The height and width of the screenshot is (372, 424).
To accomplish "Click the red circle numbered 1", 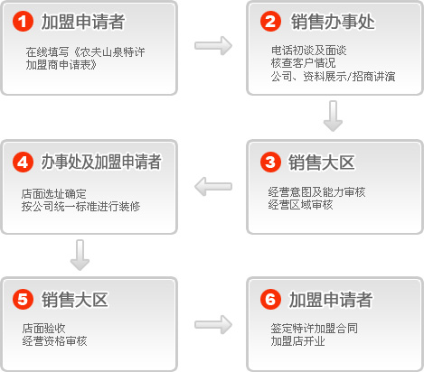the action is (x=23, y=22).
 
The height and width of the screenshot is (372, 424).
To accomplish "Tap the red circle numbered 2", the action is (x=270, y=22).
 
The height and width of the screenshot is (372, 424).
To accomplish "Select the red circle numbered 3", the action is (x=270, y=162).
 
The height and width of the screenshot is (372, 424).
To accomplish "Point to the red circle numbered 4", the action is (x=23, y=162).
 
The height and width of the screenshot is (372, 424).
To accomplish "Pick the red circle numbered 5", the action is (x=23, y=299).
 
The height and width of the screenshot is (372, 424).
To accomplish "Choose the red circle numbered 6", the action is (x=270, y=299).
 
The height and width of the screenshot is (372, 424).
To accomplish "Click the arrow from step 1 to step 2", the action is (x=213, y=46).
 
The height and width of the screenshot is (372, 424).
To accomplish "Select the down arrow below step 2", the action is (x=333, y=116).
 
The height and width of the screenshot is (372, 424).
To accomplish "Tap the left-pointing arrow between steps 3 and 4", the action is (x=213, y=186).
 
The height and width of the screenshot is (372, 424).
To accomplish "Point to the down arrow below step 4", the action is (x=80, y=256).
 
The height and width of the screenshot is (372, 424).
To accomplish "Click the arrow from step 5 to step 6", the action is (x=213, y=324).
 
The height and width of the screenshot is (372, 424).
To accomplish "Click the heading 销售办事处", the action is (x=333, y=22).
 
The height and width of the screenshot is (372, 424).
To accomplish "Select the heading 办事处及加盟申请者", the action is (x=101, y=162).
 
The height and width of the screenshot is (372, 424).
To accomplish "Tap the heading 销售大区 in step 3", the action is (x=322, y=163).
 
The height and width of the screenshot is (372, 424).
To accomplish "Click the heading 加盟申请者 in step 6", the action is (x=331, y=300).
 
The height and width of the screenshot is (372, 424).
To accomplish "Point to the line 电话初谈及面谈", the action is (x=309, y=51).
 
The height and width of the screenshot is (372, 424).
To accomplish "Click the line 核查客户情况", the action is (x=303, y=63).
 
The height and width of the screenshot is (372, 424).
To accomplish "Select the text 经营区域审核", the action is (x=300, y=205).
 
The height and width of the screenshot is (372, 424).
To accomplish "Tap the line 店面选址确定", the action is (x=54, y=194).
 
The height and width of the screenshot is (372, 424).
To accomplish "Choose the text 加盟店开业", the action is (x=297, y=341).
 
